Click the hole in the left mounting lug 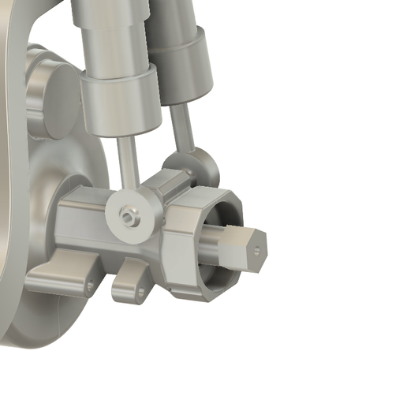[x=91, y=285]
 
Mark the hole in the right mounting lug [x=142, y=293]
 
